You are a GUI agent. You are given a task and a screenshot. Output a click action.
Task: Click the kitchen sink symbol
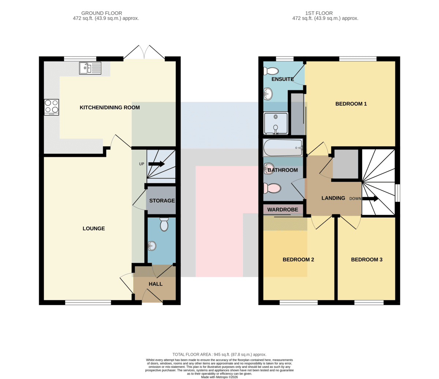tap(90, 68)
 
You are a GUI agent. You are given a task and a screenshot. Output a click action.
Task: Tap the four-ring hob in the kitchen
tap(51, 107)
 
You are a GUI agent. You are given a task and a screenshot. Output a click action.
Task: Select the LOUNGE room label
tap(94, 228)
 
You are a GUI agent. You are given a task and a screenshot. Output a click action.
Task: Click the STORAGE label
tap(162, 200)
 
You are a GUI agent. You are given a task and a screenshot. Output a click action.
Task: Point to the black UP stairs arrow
tap(156, 164)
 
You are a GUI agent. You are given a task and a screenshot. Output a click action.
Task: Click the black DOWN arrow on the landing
tap(370, 199)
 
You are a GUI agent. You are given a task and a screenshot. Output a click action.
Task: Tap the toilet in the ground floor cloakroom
tap(164, 224)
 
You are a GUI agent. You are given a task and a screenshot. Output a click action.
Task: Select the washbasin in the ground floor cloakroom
tap(152, 246)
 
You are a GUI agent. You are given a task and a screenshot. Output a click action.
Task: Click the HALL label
tap(155, 284)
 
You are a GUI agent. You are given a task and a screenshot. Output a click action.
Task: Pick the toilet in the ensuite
tap(271, 71)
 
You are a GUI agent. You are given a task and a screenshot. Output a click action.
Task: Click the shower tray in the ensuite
tap(276, 123)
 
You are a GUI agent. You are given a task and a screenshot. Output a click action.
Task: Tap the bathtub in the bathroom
tap(283, 147)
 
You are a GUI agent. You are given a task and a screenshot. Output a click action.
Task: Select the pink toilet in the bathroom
tap(272, 188)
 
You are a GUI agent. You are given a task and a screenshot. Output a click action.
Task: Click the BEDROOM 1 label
tap(351, 104)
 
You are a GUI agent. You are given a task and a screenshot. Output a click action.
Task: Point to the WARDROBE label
tap(282, 210)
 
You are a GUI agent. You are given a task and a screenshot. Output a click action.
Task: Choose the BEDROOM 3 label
tap(367, 259)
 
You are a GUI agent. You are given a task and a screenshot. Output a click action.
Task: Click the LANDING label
tap(333, 198)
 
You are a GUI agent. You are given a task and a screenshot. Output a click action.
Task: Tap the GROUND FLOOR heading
tap(102, 13)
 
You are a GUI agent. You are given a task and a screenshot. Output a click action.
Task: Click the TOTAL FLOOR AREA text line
tap(219, 354)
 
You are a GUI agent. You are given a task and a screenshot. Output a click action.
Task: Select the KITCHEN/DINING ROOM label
tap(110, 108)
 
